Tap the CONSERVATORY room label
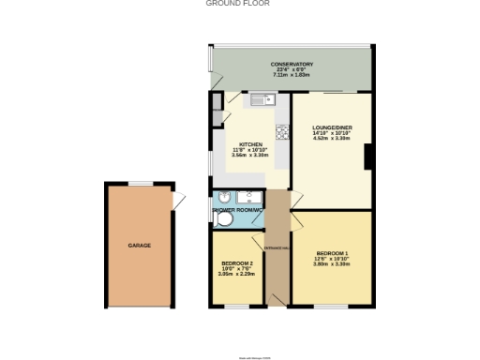[x=292, y=64]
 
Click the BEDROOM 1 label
[x=332, y=254]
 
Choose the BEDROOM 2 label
[x=236, y=263]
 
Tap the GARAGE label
[x=140, y=245]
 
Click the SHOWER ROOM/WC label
[x=236, y=211]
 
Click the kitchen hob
[x=280, y=130]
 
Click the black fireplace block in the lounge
[x=368, y=157]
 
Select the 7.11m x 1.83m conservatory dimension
[x=292, y=74]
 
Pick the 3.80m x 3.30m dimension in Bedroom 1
[x=332, y=264]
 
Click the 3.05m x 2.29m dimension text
[x=236, y=274]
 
